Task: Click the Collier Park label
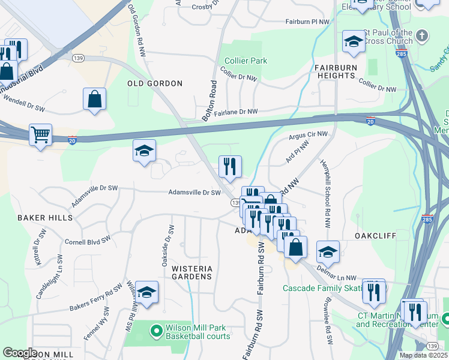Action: [246, 61]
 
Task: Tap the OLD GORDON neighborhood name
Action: [155, 83]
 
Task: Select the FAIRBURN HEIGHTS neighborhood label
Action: [335, 71]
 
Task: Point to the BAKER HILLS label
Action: [44, 217]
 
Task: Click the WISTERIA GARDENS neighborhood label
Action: [191, 272]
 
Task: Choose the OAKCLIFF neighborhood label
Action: [375, 236]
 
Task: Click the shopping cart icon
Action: [40, 135]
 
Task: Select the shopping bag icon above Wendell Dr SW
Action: [95, 99]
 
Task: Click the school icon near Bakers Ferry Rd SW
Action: [146, 292]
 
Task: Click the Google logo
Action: [20, 352]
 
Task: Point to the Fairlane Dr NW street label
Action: [236, 112]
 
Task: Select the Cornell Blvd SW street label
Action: [88, 241]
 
